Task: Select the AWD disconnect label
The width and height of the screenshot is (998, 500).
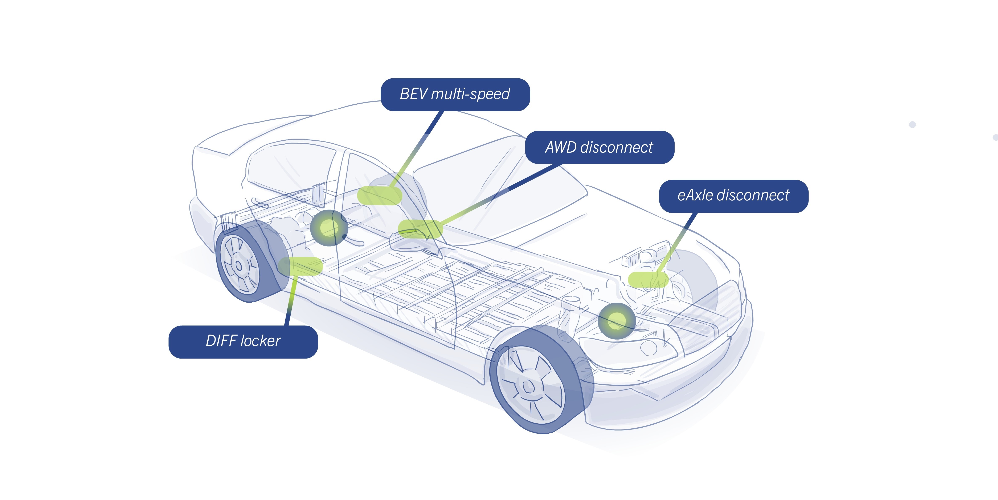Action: (599, 147)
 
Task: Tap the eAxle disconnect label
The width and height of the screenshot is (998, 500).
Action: (733, 196)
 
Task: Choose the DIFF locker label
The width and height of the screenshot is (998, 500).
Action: (243, 341)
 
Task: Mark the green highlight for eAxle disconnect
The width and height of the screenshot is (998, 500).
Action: (648, 280)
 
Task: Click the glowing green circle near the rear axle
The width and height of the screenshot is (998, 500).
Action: (328, 228)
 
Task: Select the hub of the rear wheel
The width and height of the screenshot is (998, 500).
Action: (239, 266)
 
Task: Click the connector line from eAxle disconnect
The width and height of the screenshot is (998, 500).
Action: (680, 240)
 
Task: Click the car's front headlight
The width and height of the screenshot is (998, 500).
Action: (628, 347)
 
